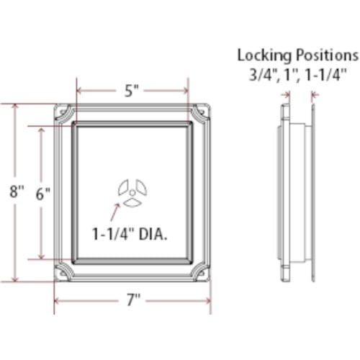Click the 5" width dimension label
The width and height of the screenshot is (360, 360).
(x=132, y=91)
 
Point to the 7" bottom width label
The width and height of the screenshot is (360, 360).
(x=132, y=300)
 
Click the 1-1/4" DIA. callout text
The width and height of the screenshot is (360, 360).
(x=130, y=234)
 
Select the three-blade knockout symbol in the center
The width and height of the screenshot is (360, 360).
(x=132, y=193)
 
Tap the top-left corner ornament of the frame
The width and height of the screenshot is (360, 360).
(x=64, y=114)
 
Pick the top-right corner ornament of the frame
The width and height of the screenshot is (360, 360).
(x=201, y=114)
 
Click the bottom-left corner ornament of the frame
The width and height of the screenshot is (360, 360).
(x=64, y=274)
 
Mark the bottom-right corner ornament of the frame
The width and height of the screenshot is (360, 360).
(x=201, y=274)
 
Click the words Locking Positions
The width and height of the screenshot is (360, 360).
(x=297, y=55)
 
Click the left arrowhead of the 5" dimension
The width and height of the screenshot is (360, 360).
(x=79, y=91)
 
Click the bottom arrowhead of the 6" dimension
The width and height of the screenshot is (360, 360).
(x=42, y=256)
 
